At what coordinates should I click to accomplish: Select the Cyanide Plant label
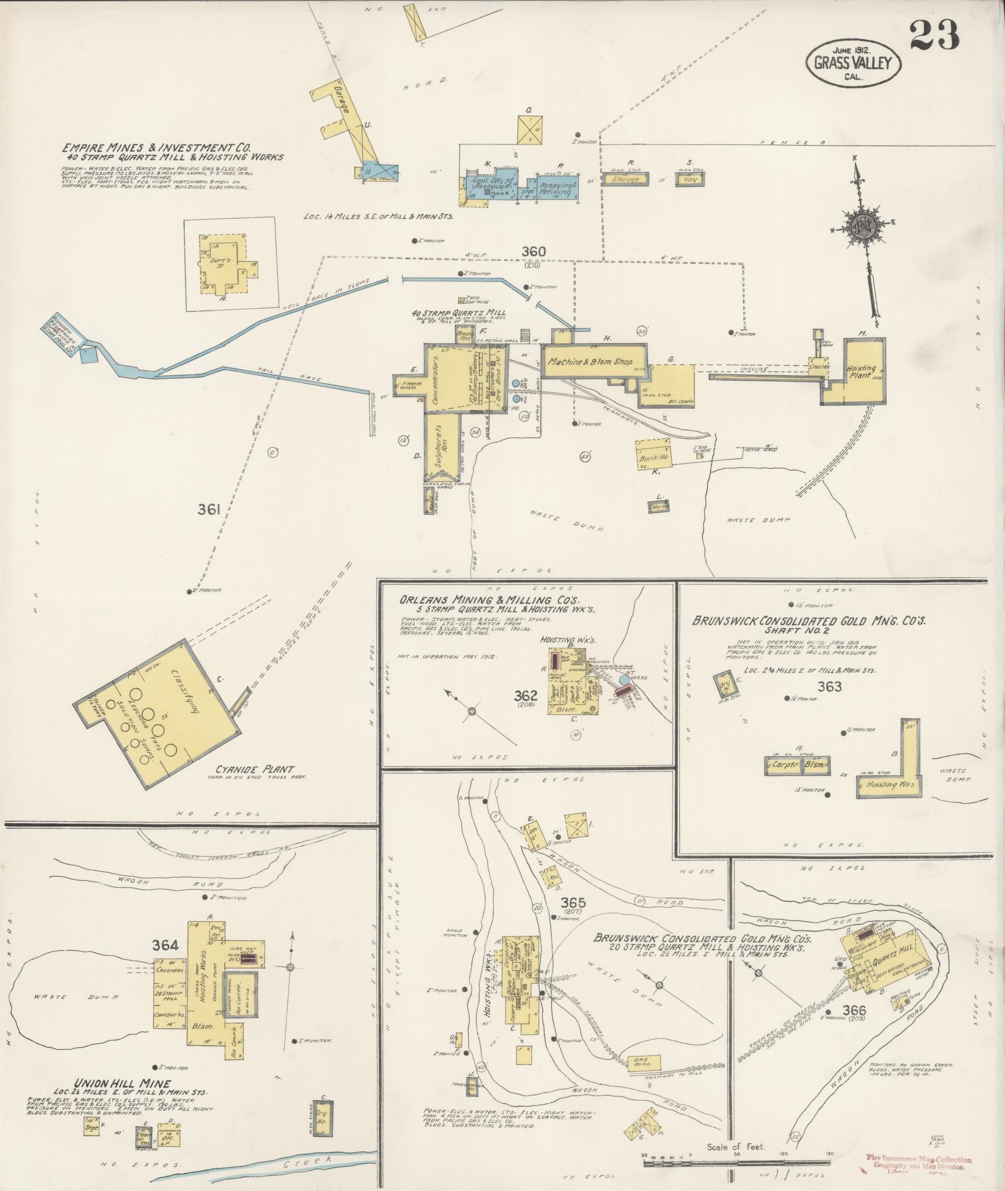tap(255, 770)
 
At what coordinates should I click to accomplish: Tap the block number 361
tap(209, 510)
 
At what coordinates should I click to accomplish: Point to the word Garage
tap(340, 100)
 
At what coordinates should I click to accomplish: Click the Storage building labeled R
tap(626, 179)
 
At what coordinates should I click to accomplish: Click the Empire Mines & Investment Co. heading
tap(156, 148)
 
